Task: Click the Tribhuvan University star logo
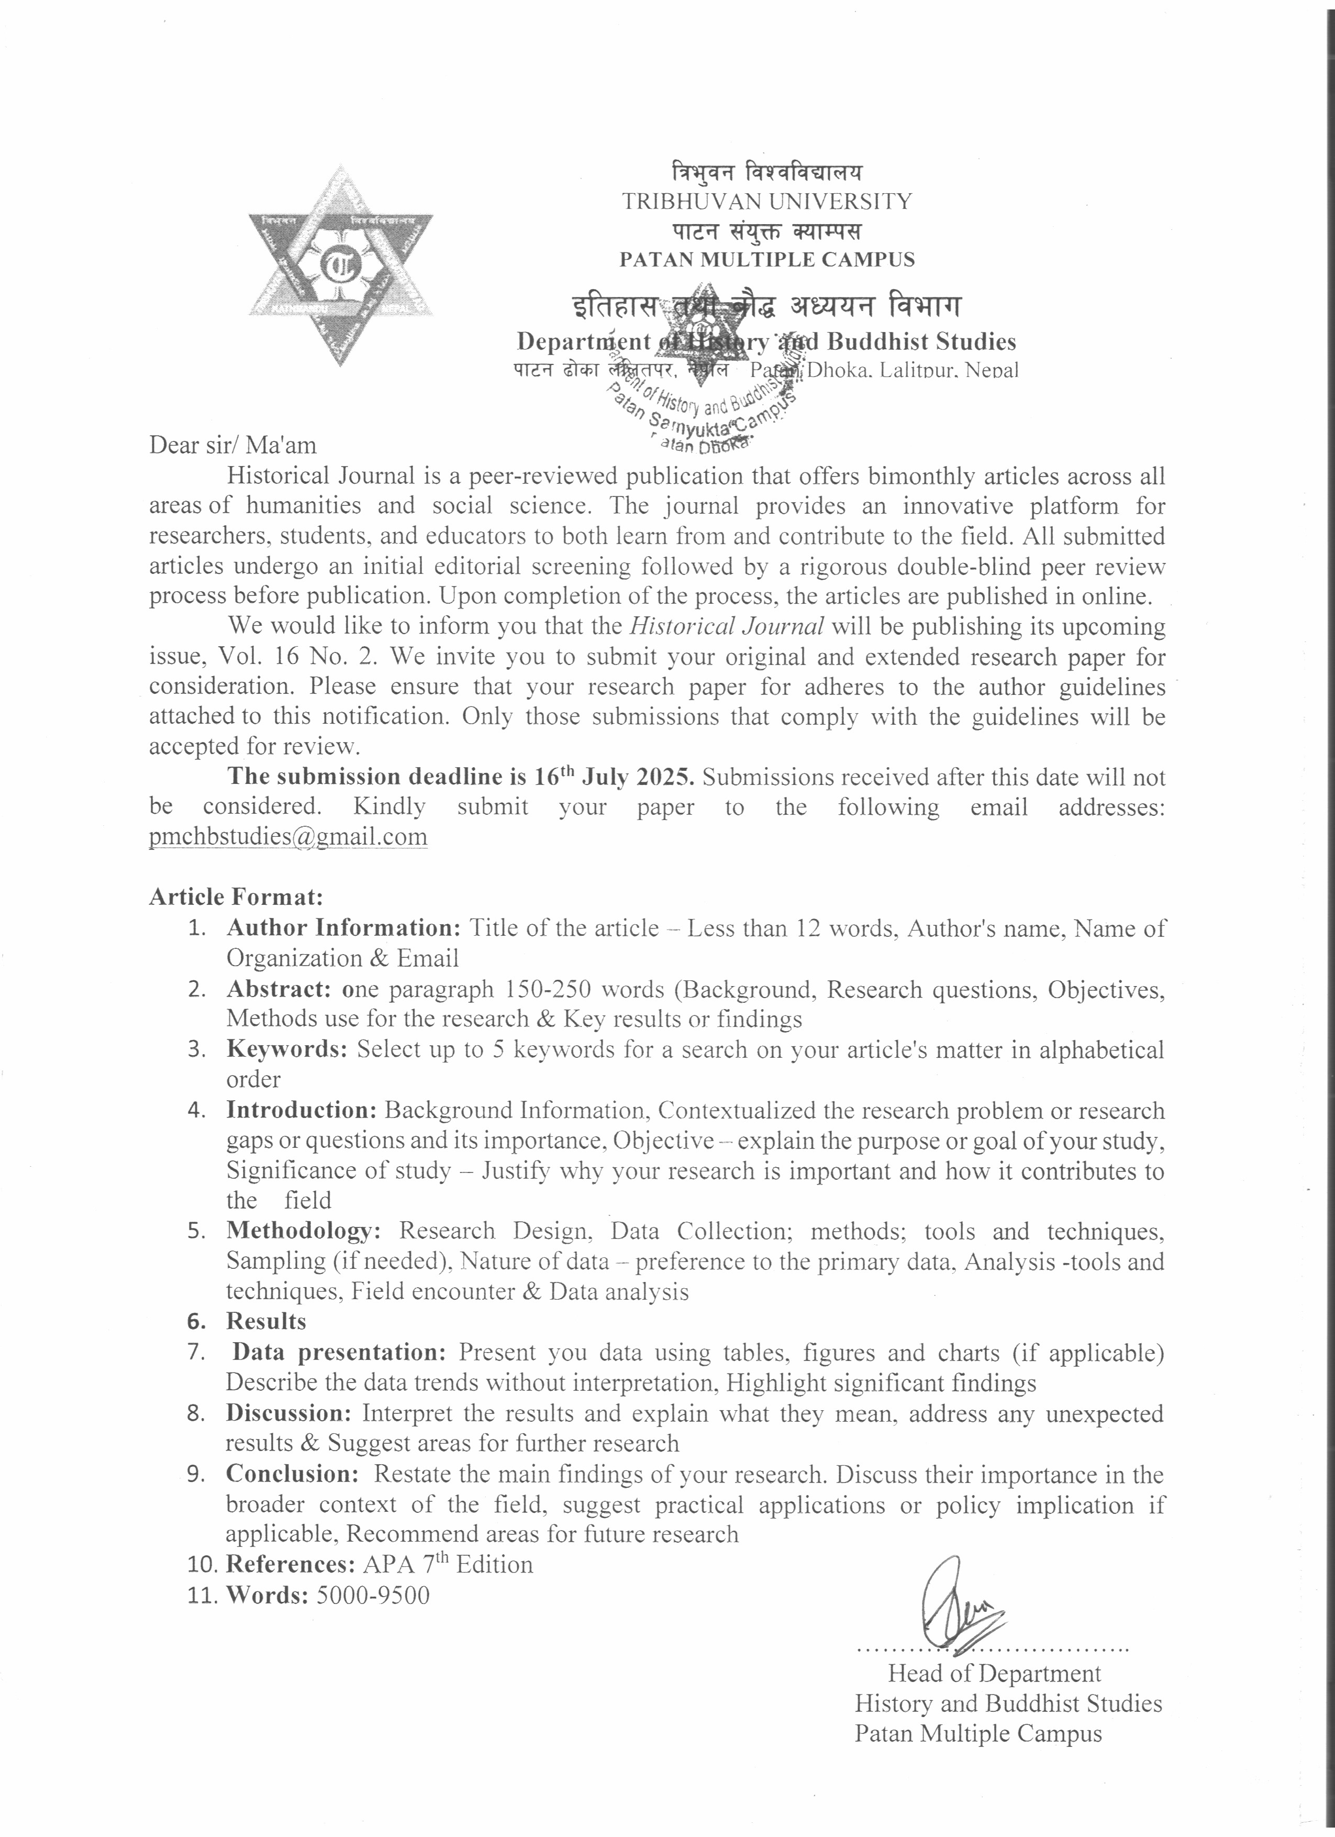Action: (x=340, y=265)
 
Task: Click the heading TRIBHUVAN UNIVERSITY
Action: (x=766, y=202)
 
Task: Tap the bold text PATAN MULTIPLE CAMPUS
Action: (x=766, y=260)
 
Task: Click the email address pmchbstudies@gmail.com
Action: (x=288, y=837)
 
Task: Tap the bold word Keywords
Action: (x=286, y=1050)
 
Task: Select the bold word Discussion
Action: (x=288, y=1413)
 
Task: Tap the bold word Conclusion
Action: (x=292, y=1474)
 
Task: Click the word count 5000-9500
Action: (x=372, y=1596)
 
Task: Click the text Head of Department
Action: (x=994, y=1674)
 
